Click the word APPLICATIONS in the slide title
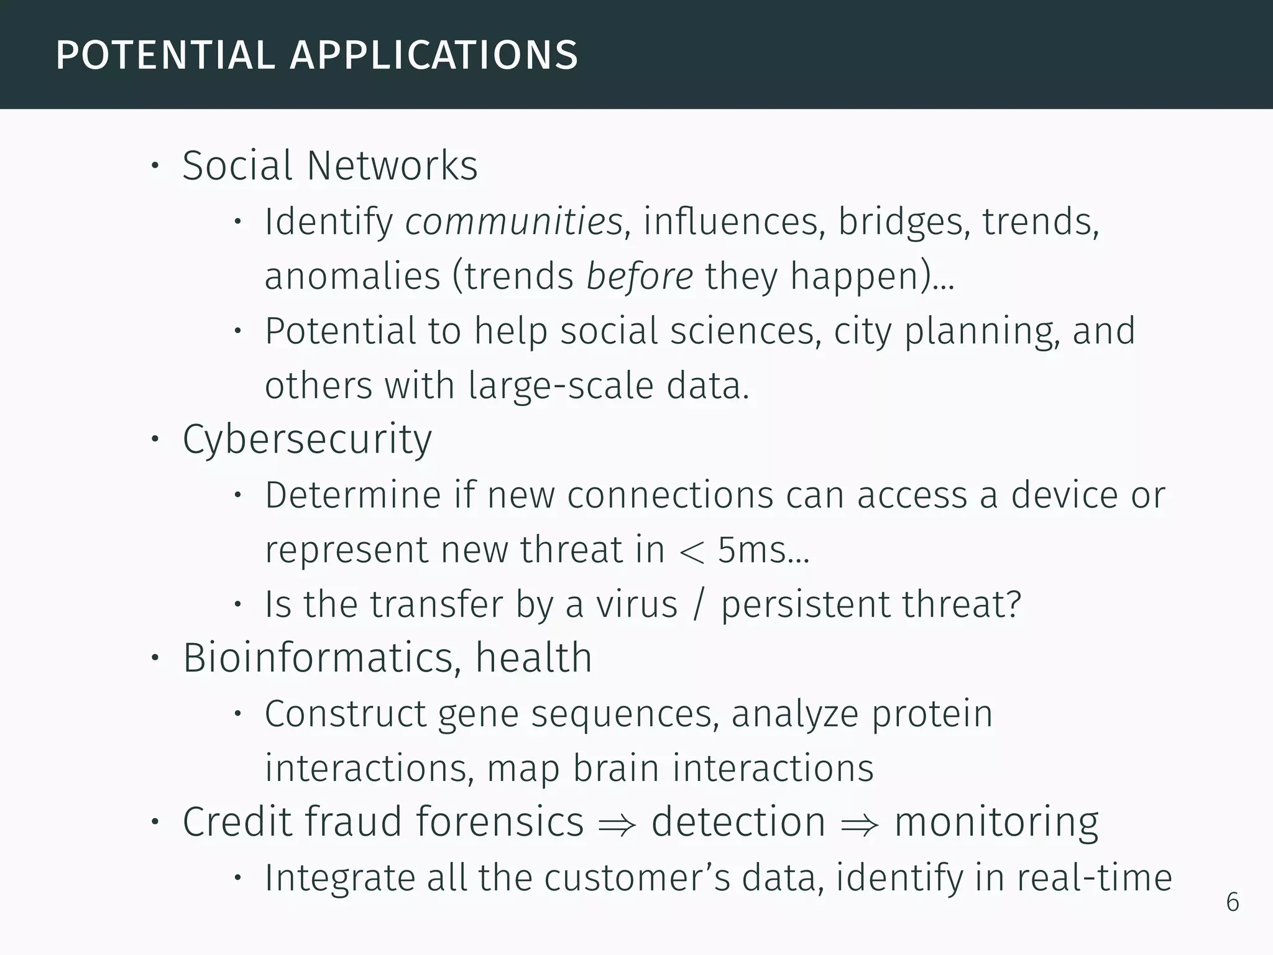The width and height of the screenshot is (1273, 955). (434, 55)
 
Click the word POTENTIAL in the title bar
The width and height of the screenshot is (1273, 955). (165, 55)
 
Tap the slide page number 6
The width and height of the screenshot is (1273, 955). (1232, 902)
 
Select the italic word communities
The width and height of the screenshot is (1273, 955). (513, 221)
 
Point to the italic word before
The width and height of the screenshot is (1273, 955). (639, 276)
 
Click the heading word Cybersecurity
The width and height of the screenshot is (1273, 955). (307, 440)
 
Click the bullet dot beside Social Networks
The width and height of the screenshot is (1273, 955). (155, 167)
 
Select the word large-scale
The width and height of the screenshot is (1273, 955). (561, 385)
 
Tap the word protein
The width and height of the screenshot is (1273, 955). (932, 714)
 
